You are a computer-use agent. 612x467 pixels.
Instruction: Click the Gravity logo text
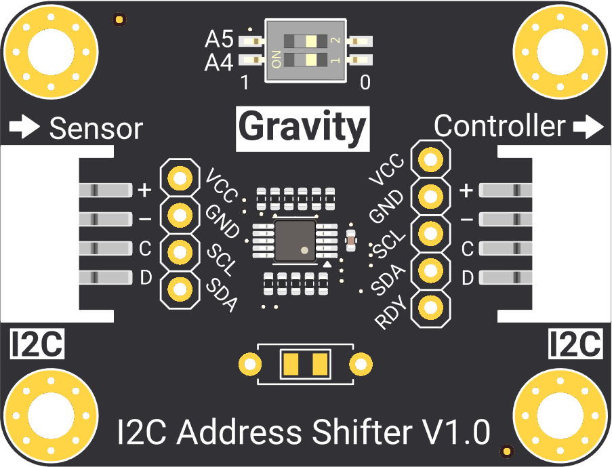(x=302, y=127)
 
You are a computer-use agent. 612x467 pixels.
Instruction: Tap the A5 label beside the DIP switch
(x=219, y=41)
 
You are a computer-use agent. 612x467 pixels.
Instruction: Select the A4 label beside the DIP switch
(x=219, y=63)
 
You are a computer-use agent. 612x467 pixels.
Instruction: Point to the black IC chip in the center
(x=295, y=240)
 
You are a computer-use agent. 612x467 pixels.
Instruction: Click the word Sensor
(x=96, y=128)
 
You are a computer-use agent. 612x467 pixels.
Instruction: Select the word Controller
(x=499, y=126)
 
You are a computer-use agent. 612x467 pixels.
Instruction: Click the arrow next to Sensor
(x=26, y=127)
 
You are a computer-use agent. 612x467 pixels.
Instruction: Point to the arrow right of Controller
(x=587, y=126)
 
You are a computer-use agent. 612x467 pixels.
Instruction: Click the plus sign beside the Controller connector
(x=466, y=191)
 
